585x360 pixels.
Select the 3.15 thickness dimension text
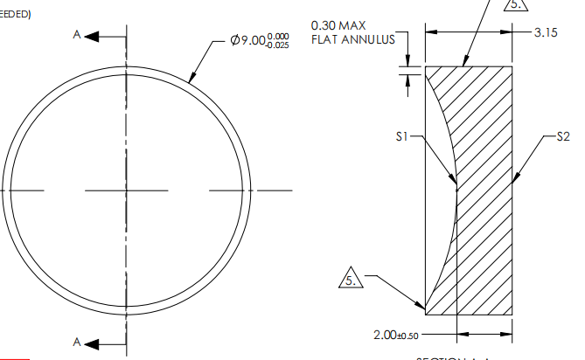click(x=546, y=32)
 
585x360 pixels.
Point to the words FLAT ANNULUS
click(x=352, y=39)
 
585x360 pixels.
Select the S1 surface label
click(x=401, y=136)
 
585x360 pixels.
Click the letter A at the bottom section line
click(x=79, y=342)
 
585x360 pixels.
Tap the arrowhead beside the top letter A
click(x=94, y=38)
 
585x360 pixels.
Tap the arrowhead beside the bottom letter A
click(x=94, y=342)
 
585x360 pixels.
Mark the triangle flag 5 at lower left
click(x=349, y=282)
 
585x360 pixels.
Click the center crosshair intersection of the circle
click(x=127, y=190)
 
